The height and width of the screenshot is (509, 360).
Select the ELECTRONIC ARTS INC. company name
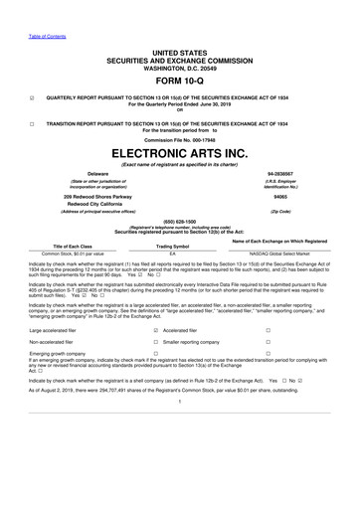click(180, 155)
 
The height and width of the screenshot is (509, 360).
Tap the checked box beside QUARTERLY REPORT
click(33, 98)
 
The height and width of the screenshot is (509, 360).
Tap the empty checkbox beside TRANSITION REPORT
click(33, 124)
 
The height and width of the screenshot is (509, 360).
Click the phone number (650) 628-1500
click(180, 224)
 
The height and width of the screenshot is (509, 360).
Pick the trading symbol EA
click(172, 254)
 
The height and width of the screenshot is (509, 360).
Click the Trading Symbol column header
click(173, 246)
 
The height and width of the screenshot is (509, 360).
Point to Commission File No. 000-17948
click(180, 142)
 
